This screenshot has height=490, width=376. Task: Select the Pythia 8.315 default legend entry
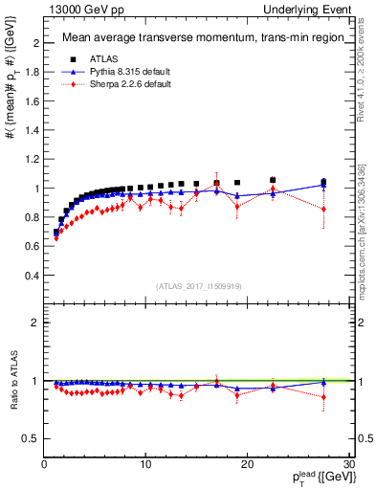pyautogui.click(x=124, y=71)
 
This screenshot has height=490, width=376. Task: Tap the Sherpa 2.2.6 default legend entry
pyautogui.click(x=123, y=84)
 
